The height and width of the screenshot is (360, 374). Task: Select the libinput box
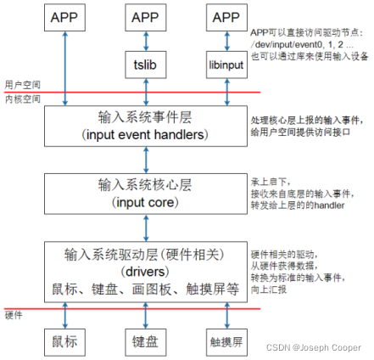226,64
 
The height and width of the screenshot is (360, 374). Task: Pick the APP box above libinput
226,18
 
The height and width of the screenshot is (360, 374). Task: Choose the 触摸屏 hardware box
226,341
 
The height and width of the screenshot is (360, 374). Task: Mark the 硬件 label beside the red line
14,313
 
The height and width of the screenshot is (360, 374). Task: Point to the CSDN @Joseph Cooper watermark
325,348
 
